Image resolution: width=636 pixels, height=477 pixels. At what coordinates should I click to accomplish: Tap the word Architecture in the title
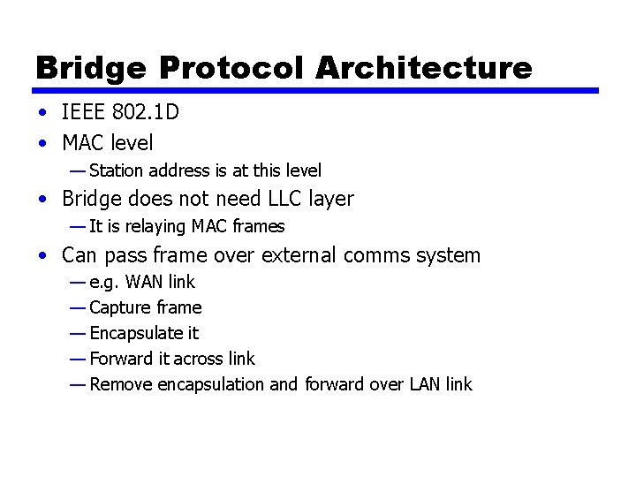(423, 67)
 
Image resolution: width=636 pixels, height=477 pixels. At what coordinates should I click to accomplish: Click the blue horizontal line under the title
(316, 90)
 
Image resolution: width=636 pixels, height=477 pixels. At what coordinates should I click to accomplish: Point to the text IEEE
(84, 113)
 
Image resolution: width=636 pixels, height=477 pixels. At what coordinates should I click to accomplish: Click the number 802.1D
(148, 113)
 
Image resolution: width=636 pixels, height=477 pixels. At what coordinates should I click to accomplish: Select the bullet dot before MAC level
(42, 143)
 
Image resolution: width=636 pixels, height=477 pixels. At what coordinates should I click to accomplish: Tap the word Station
(117, 170)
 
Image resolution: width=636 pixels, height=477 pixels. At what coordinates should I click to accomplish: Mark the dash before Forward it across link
(77, 359)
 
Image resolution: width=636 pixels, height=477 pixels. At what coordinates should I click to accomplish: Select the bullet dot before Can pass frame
(42, 257)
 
